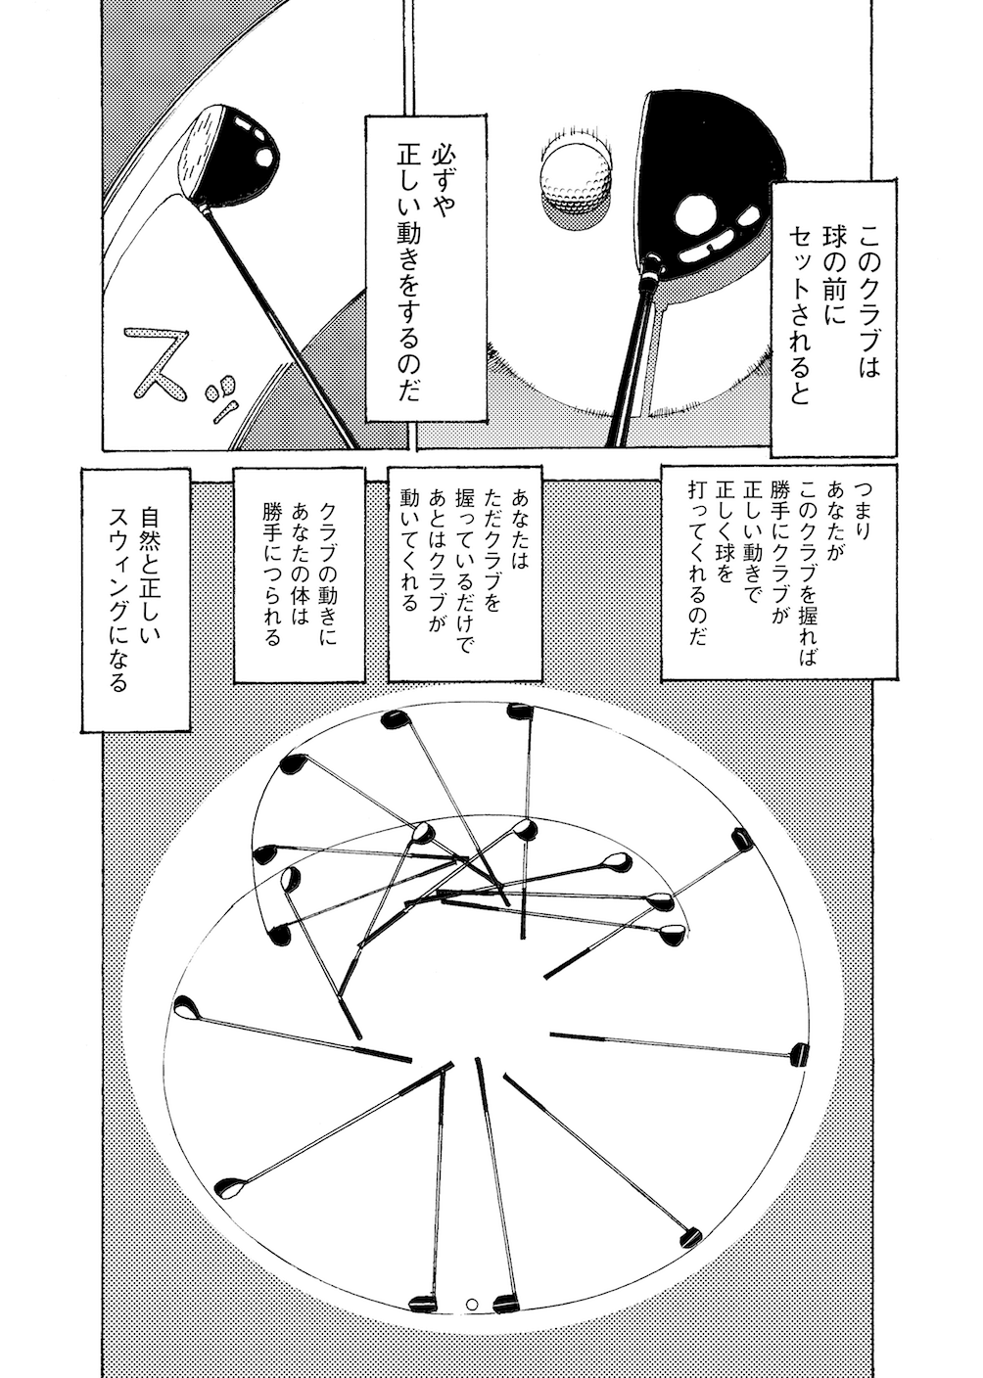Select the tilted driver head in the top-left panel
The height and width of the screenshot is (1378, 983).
point(229,152)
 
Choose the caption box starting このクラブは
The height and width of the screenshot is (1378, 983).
point(833,313)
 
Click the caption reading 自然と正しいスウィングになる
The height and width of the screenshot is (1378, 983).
point(133,597)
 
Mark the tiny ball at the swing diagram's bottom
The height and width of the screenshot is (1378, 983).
point(472,1304)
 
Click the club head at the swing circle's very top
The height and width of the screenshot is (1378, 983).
point(515,711)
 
